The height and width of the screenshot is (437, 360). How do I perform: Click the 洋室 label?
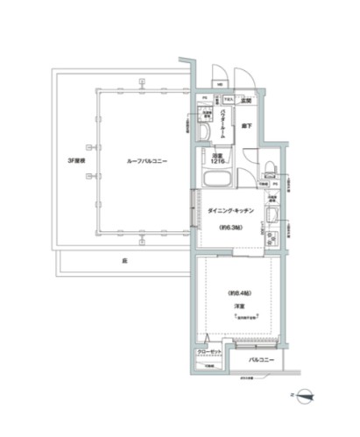tap(236, 306)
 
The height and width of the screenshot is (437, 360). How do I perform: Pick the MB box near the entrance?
tap(218, 84)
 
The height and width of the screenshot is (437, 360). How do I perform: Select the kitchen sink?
tap(271, 218)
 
